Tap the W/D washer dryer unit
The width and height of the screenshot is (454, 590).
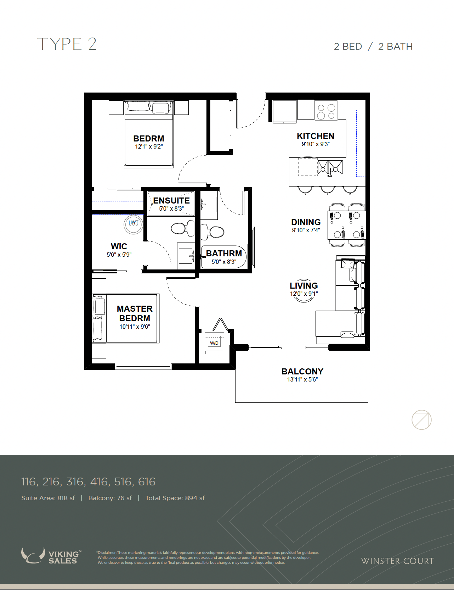point(214,343)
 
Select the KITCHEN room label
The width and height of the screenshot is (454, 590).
point(316,136)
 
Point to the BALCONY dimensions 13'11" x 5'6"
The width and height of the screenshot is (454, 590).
point(302,379)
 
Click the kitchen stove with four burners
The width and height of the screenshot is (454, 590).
point(326,111)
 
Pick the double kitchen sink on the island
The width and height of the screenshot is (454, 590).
point(330,167)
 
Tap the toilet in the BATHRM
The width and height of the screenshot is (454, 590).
point(212,232)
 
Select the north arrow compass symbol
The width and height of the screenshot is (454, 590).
point(421,420)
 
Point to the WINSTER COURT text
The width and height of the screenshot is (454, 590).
point(397,561)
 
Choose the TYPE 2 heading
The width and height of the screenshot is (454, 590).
point(67,44)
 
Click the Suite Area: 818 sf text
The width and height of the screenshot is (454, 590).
point(48,498)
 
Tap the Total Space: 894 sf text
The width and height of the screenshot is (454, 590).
point(175,498)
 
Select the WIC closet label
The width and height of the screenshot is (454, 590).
point(119,246)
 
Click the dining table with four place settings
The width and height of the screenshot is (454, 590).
point(346,225)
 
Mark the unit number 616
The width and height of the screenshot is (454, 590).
point(147,482)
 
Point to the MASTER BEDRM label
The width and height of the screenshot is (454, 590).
point(135,313)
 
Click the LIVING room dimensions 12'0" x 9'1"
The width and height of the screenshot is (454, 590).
point(304,294)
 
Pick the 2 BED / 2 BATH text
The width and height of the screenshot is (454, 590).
point(373,46)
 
